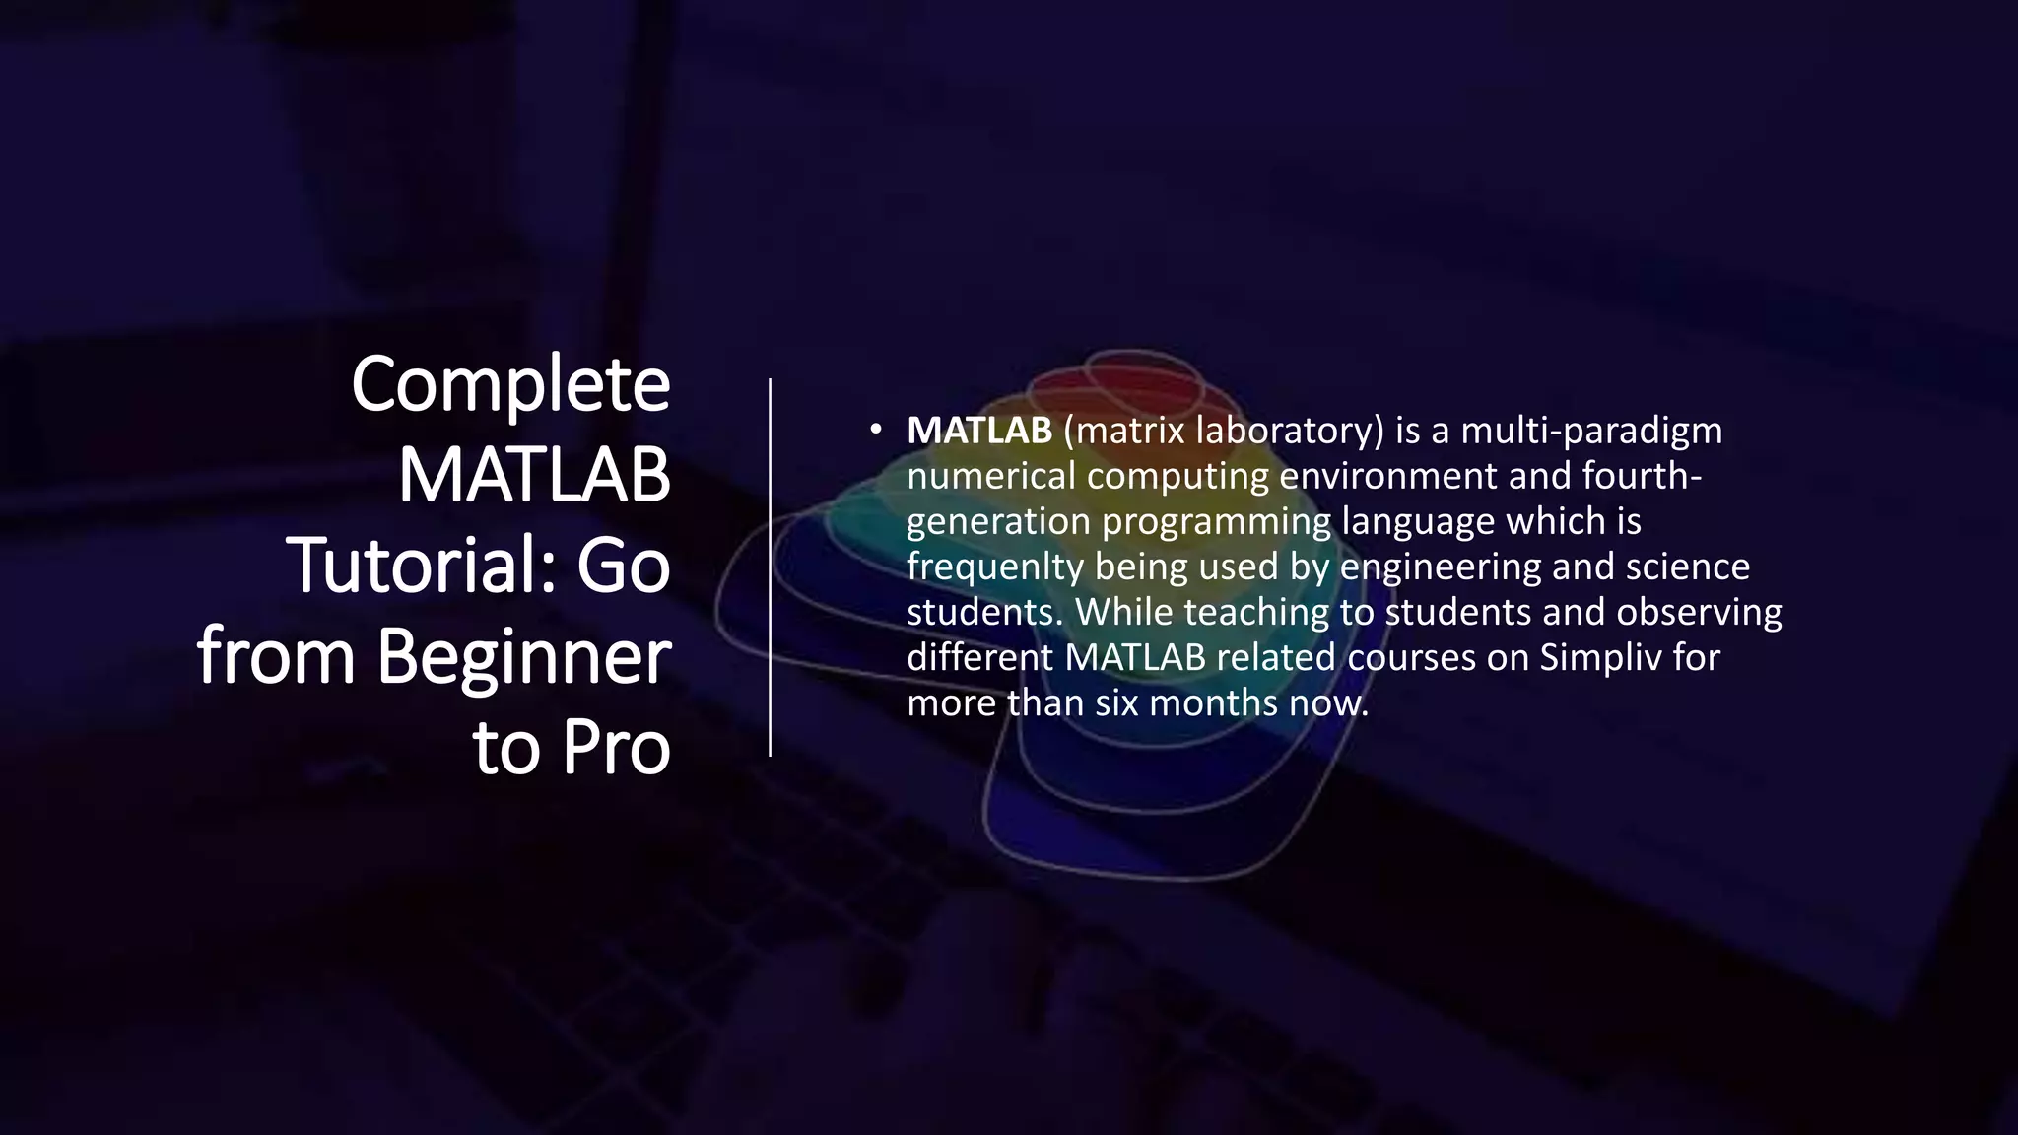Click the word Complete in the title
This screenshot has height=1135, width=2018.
510,385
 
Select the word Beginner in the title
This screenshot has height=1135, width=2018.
523,657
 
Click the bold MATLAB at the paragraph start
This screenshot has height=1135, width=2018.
979,431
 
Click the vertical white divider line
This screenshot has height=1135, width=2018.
771,567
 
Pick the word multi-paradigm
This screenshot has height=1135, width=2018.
1591,431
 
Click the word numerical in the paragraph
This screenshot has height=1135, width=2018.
990,476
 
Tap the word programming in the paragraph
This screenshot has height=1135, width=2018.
1216,522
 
